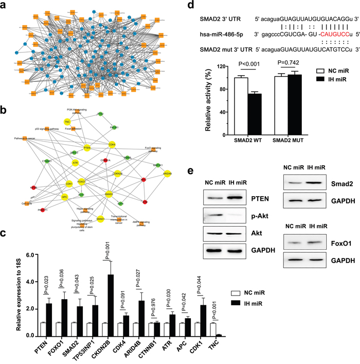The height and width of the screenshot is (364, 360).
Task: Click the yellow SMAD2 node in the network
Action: tap(109, 195)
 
